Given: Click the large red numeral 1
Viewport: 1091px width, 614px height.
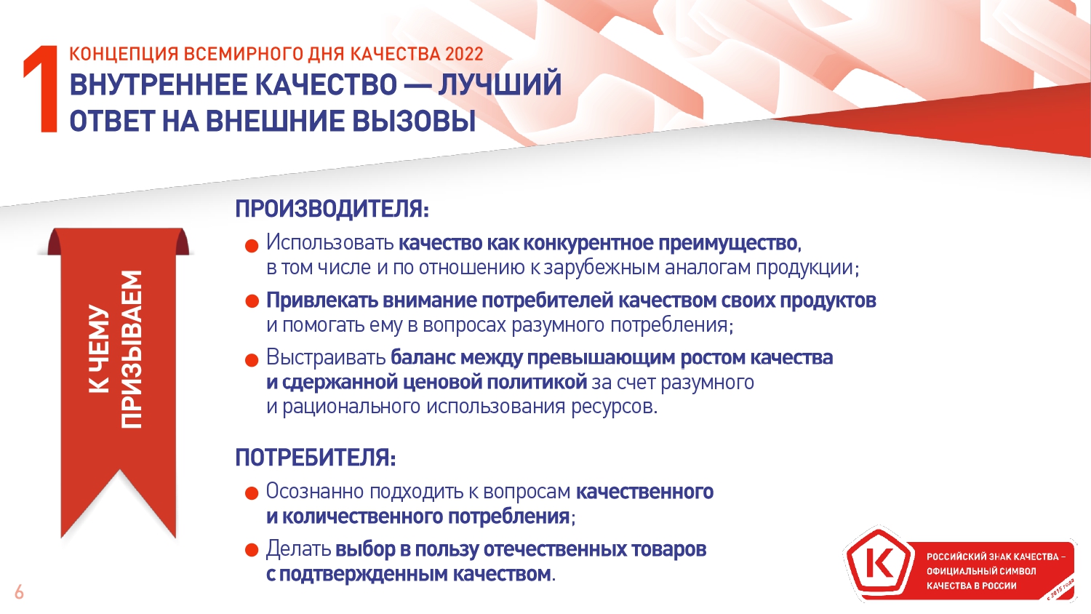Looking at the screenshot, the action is [x=41, y=89].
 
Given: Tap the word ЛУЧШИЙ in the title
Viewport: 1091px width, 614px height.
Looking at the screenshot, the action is [x=500, y=84].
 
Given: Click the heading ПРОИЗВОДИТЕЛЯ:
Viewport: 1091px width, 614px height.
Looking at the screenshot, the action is [x=332, y=209].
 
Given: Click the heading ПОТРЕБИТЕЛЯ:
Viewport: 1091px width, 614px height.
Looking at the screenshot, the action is [x=316, y=457].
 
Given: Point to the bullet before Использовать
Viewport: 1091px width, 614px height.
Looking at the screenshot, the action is [x=252, y=246].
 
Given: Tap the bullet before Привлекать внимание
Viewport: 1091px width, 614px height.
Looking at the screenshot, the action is [x=252, y=302].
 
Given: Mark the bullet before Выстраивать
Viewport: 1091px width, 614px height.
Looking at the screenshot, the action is [x=252, y=361].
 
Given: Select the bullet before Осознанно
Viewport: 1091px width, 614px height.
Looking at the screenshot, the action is [x=252, y=493].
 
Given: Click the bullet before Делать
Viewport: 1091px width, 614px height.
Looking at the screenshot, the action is [x=252, y=551].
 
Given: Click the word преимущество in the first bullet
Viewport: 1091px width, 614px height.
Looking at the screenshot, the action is [x=727, y=244].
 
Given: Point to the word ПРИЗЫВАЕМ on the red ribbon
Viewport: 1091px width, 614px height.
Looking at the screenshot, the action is [x=132, y=350].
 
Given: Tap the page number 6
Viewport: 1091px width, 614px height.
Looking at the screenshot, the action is [x=20, y=593].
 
